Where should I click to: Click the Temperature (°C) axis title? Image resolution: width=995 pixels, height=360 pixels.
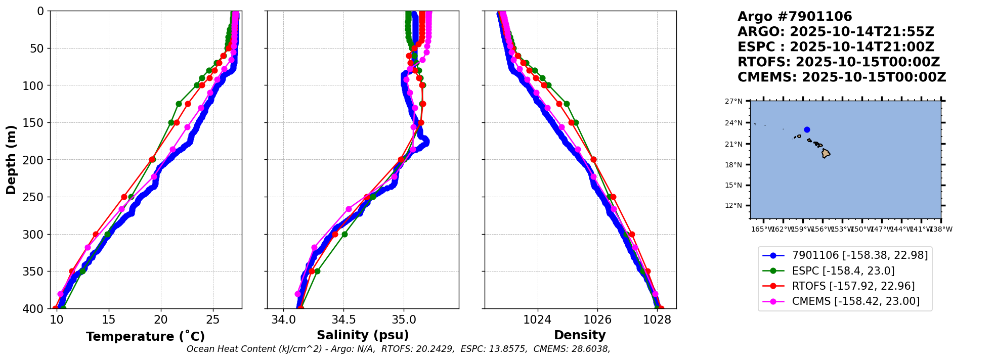(145, 337)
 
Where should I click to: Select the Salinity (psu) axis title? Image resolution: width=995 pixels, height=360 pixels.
(363, 335)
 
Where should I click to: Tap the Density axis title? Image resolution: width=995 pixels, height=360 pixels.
(580, 335)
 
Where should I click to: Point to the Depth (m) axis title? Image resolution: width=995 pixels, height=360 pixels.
(11, 159)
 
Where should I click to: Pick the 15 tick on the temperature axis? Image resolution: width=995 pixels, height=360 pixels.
(109, 320)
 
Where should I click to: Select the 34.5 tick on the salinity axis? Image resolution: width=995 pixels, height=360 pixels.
(343, 320)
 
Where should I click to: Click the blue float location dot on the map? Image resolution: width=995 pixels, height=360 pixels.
(807, 129)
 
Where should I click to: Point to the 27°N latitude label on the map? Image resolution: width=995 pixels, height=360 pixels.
(733, 102)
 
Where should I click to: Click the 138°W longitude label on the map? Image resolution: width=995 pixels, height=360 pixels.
(941, 230)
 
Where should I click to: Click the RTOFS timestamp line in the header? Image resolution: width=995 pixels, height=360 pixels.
(838, 62)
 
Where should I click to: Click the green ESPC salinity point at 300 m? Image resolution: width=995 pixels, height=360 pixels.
(344, 234)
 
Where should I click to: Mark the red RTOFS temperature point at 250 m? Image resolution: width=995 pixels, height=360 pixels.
(124, 197)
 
